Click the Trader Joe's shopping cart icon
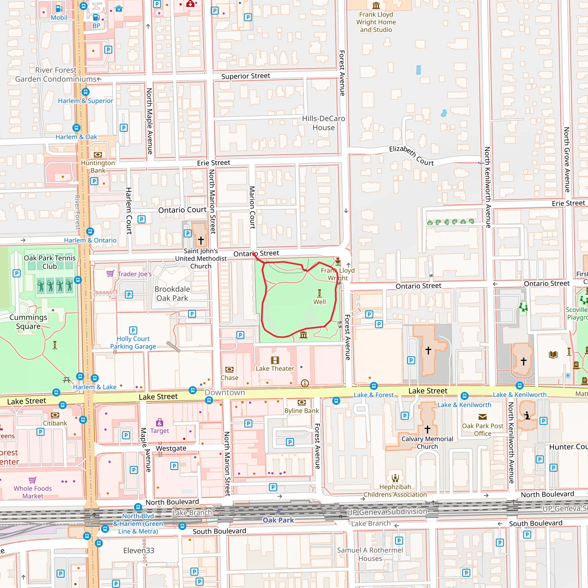click(110, 273)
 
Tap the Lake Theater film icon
click(275, 360)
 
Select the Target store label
click(159, 431)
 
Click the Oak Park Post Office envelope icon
click(483, 417)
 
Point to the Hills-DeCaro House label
click(323, 123)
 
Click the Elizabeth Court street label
click(411, 156)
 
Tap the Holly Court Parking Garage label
click(133, 343)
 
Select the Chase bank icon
click(229, 370)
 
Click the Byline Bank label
click(302, 411)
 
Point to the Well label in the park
click(319, 302)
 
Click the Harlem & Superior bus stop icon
click(86, 92)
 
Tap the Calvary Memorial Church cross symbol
click(427, 429)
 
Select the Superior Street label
click(245, 76)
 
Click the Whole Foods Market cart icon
click(32, 480)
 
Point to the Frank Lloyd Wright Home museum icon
click(376, 6)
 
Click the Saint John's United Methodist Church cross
click(201, 240)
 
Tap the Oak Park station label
click(278, 520)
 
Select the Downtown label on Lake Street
click(225, 392)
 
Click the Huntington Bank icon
click(98, 155)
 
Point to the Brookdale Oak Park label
click(172, 293)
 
